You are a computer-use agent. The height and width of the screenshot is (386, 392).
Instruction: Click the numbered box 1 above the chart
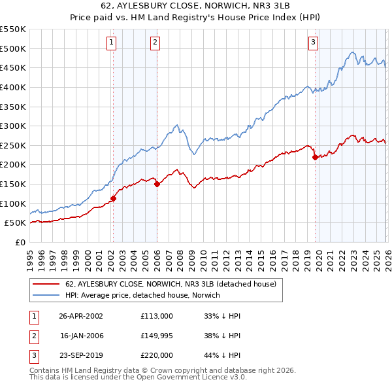click(112, 43)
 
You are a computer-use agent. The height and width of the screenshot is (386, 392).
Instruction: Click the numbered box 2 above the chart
click(155, 43)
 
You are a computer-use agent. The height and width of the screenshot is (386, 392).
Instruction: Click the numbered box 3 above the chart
click(314, 43)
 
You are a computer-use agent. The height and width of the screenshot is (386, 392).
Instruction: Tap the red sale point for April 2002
click(113, 198)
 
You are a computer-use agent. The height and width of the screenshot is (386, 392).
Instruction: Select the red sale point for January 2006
click(157, 184)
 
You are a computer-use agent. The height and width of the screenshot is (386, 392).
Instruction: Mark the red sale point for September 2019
click(315, 157)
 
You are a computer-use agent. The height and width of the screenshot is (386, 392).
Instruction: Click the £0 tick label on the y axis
click(20, 242)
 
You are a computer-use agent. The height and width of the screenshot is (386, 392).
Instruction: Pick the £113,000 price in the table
click(157, 315)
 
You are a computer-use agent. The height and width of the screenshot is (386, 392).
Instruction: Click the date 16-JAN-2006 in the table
click(81, 336)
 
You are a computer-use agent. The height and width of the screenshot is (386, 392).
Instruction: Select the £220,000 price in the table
click(157, 356)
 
